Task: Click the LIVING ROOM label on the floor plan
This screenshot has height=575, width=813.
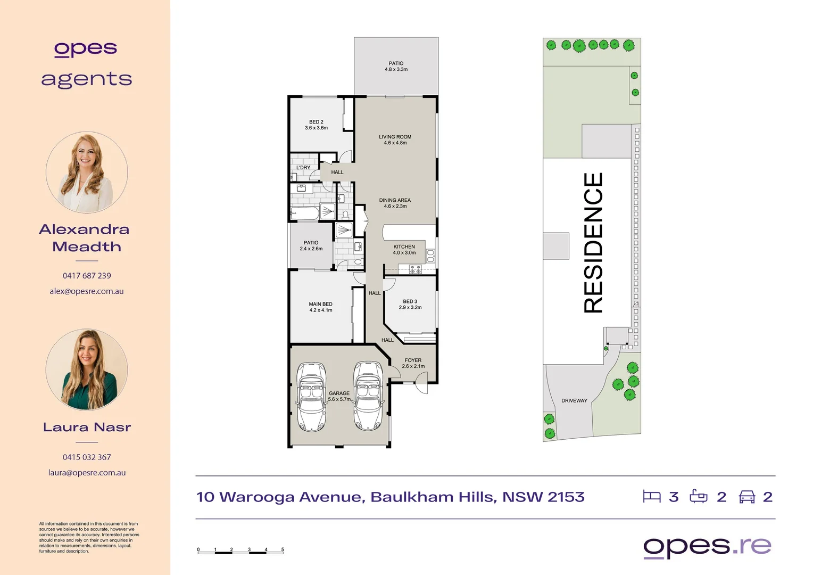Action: [x=395, y=137]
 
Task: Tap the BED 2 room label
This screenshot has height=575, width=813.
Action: [x=316, y=122]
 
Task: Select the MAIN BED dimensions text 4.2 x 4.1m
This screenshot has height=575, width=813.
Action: [x=320, y=310]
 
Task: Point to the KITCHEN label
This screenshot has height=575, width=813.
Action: [x=404, y=247]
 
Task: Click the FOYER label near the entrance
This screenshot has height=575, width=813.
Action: [x=413, y=360]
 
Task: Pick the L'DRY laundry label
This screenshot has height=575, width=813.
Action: [x=303, y=168]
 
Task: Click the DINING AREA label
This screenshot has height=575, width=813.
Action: [x=395, y=200]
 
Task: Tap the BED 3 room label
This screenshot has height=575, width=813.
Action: [x=410, y=301]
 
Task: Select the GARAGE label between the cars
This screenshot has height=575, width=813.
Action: [x=339, y=393]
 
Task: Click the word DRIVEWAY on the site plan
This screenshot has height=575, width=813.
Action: [x=574, y=401]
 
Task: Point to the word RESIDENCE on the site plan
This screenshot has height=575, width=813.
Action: [x=593, y=243]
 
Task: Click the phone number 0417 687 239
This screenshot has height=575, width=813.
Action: [x=87, y=276]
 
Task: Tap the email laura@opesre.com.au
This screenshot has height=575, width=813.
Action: [x=87, y=473]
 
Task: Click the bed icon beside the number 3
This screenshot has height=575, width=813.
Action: [x=651, y=497]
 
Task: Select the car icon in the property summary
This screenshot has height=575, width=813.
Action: [x=747, y=497]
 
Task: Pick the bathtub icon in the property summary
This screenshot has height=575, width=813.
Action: [x=699, y=497]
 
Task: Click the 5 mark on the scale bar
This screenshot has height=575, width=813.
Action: [x=283, y=549]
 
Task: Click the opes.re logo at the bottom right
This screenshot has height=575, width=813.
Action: [x=707, y=547]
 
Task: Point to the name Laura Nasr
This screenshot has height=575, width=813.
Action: [x=87, y=427]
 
